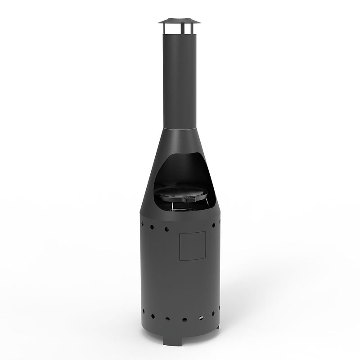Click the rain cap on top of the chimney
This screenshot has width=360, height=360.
(179, 21)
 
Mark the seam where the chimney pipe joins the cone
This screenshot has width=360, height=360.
(180, 129)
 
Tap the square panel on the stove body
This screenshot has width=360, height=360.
(193, 246)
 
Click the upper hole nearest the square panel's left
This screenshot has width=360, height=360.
(167, 229)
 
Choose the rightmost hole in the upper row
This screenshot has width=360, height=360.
(219, 222)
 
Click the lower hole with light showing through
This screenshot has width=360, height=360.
(200, 318)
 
